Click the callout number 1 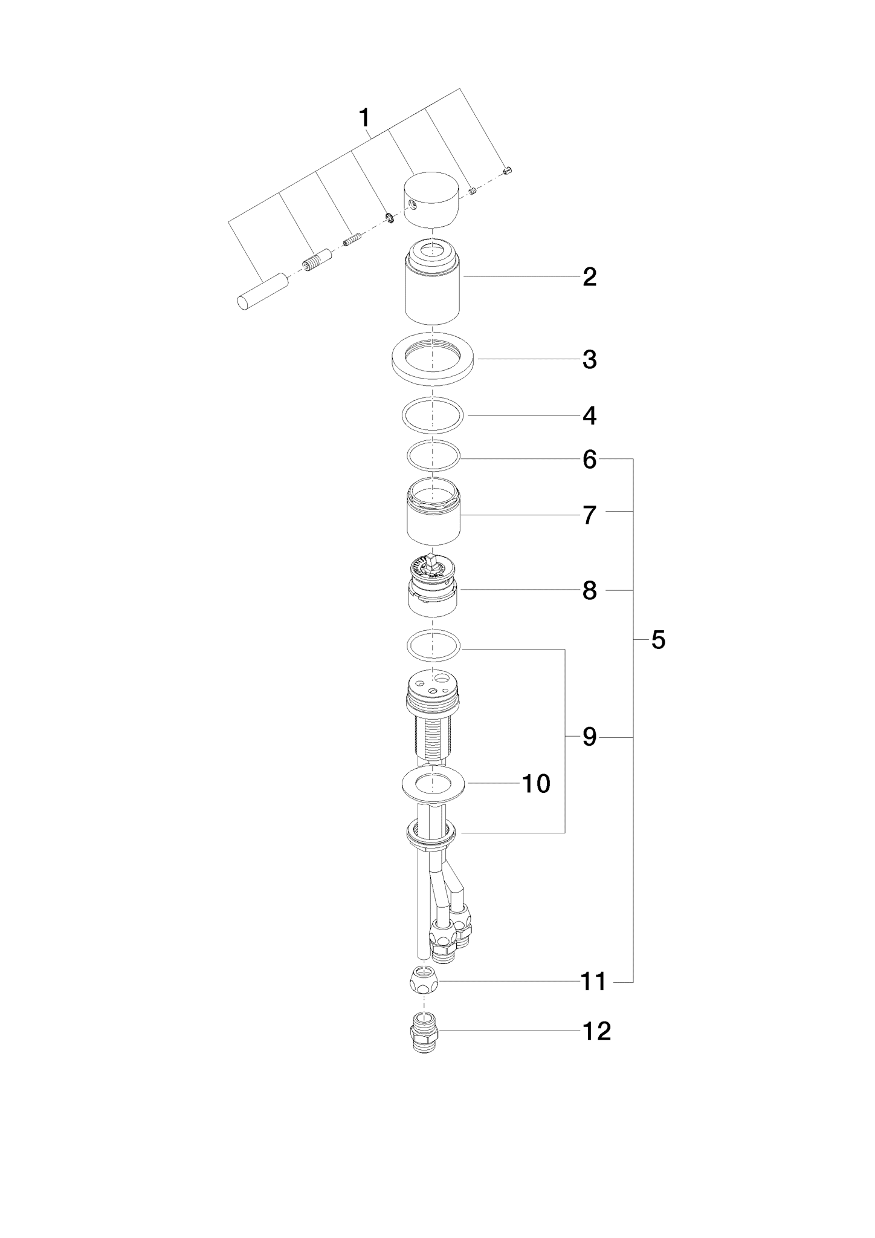364,118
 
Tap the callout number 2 590,277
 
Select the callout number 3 590,359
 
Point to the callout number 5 658,640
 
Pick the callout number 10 536,784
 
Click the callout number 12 596,1032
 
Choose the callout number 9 590,737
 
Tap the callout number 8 590,591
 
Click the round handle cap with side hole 431,200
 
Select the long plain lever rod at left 260,292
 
